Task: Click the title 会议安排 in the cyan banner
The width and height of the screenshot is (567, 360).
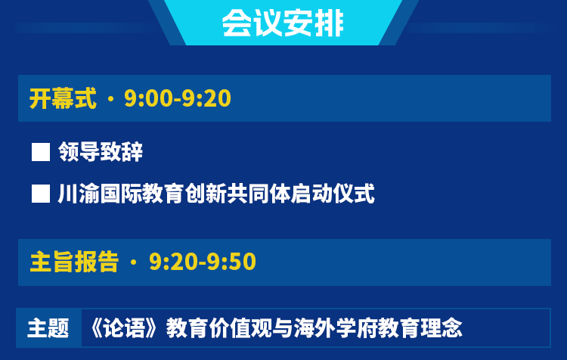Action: (x=283, y=23)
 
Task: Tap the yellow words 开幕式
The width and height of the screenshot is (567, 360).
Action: (x=63, y=98)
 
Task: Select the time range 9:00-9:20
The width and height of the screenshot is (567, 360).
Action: (x=178, y=98)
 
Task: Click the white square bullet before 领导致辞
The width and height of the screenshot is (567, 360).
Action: (x=41, y=152)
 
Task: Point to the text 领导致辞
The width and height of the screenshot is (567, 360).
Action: (x=101, y=151)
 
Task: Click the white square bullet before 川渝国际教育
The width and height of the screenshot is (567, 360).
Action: (x=41, y=194)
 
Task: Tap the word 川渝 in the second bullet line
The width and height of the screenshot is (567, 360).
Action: (x=79, y=194)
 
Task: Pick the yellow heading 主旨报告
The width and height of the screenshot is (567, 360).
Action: (x=75, y=262)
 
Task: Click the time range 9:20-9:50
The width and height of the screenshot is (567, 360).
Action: (x=203, y=262)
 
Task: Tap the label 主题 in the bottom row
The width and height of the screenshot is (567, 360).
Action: (x=48, y=328)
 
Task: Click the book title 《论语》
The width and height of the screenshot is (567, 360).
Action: (x=124, y=328)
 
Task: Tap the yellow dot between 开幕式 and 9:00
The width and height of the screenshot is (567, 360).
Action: (x=110, y=99)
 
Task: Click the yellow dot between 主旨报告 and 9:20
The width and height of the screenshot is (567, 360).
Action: (x=133, y=262)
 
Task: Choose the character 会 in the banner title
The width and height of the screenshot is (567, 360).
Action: (x=237, y=23)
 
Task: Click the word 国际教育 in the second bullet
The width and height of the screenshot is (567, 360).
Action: (x=142, y=194)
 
